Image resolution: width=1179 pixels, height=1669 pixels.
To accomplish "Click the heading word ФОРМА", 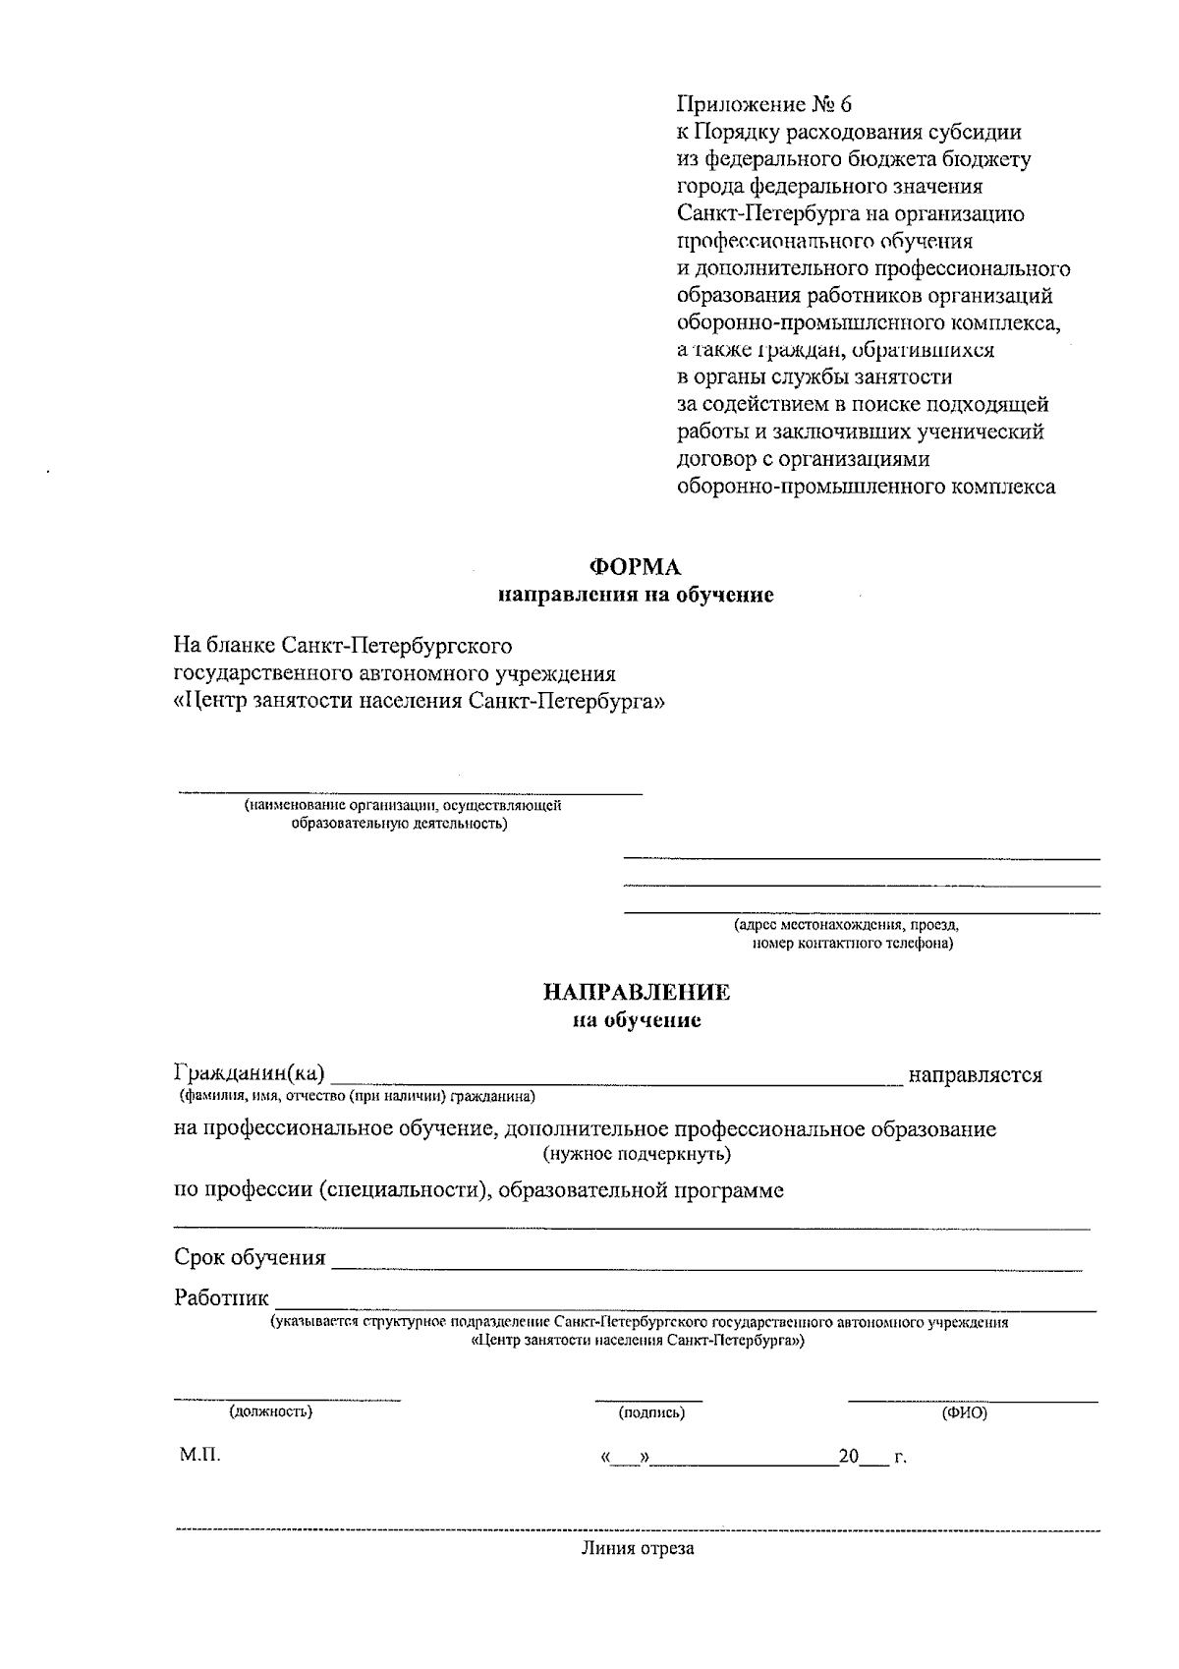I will coord(634,567).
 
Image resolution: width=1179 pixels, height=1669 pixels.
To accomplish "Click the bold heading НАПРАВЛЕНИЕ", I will coord(637,993).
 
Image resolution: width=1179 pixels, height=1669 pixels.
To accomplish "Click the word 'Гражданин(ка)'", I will coord(250,1073).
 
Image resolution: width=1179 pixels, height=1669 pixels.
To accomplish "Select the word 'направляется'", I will coord(975,1074).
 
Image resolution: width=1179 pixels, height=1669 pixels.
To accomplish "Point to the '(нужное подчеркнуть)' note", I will coord(637,1153).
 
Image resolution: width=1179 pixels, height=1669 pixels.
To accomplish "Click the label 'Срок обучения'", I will coord(250,1257).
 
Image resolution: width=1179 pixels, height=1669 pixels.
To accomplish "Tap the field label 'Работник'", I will coord(221,1297).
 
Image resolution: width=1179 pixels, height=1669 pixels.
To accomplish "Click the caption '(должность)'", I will coord(271,1411).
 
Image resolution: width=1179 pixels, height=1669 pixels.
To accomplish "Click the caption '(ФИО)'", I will coord(965,1412).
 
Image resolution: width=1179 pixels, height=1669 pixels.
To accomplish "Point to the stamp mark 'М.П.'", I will coord(199,1455).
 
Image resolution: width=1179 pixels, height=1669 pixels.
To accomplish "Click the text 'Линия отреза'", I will coord(637,1549).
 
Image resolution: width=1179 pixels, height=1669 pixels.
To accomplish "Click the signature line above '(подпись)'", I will coord(648,1399).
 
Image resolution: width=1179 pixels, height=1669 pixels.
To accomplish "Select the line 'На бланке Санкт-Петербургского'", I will coord(343,646).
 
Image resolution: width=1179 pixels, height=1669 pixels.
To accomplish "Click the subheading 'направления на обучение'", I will coord(636,595).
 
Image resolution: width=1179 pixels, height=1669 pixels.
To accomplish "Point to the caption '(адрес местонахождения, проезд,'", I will coord(846,925).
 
